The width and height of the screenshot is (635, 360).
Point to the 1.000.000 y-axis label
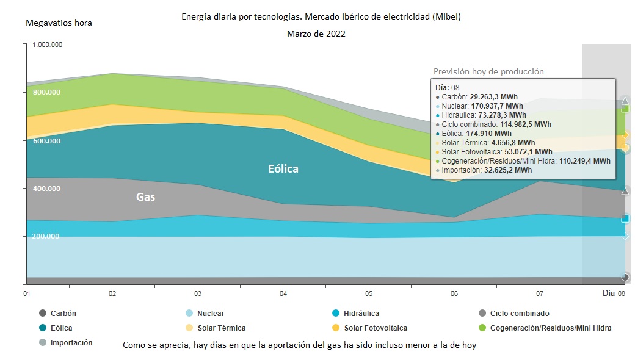click(47, 45)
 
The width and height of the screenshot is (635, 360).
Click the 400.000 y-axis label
click(46, 189)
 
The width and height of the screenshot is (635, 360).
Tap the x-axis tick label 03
click(197, 293)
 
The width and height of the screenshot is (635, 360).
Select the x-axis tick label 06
click(454, 293)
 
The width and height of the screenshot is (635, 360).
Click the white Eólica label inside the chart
click(283, 169)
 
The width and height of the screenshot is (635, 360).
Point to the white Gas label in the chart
click(146, 197)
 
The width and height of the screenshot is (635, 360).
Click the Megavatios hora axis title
click(59, 23)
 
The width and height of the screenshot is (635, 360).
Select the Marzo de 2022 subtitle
click(316, 34)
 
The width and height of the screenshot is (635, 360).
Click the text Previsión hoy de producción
click(488, 71)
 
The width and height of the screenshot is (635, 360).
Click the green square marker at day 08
click(625, 109)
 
